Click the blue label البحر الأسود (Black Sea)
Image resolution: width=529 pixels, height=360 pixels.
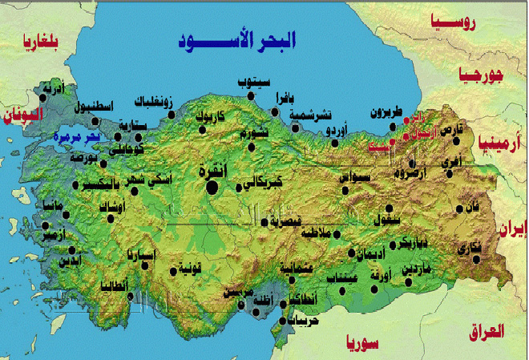point(237,39)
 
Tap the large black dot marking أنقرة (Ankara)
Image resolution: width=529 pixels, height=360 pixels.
point(212,188)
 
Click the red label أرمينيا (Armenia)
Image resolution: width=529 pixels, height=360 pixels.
point(499,142)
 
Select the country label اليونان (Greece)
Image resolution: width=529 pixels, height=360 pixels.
point(22,115)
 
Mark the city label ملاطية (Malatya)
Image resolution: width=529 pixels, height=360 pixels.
point(314,234)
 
